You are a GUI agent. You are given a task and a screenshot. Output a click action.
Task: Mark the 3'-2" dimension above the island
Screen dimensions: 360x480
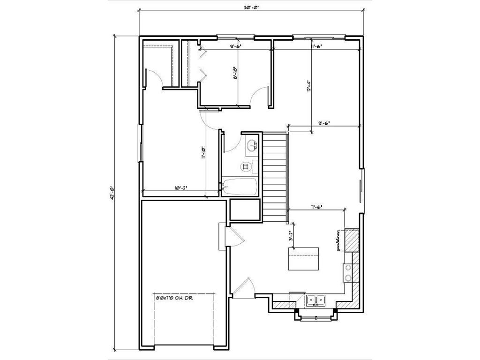(x=291, y=236)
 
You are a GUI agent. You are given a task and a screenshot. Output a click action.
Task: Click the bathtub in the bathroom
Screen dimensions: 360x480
(x=240, y=187)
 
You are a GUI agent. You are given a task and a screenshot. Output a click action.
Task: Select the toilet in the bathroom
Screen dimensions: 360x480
(x=246, y=166)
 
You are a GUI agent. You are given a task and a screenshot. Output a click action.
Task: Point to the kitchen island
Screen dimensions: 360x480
(x=303, y=258)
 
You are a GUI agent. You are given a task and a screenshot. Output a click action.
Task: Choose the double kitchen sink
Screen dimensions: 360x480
(x=316, y=300)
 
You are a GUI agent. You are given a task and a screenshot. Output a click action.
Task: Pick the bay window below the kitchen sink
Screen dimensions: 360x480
(x=314, y=317)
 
